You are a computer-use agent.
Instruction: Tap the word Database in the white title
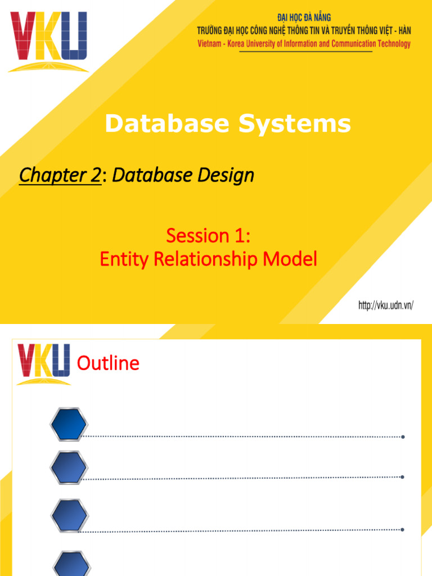point(166,124)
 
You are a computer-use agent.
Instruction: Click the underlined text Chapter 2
point(60,176)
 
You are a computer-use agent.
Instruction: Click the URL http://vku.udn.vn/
point(386,306)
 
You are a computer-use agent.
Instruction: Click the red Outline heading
point(108,364)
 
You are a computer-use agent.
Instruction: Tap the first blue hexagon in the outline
point(69,425)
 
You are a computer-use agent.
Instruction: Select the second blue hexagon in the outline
point(69,467)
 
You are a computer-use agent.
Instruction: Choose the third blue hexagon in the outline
point(69,516)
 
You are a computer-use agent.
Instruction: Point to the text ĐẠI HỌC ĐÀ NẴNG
point(304,18)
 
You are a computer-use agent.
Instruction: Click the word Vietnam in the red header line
point(209,44)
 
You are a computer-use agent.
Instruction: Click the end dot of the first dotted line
point(403,436)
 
